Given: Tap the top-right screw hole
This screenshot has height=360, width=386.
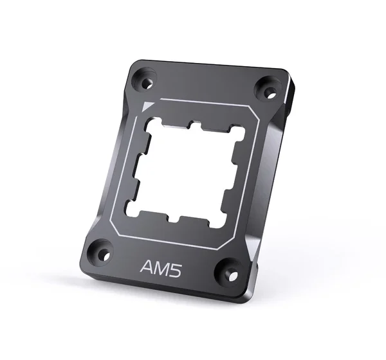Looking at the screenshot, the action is click(x=268, y=93).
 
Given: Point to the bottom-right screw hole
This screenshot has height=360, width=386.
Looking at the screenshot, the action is click(x=234, y=274).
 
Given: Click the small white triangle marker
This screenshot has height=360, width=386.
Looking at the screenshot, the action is click(x=147, y=107).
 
